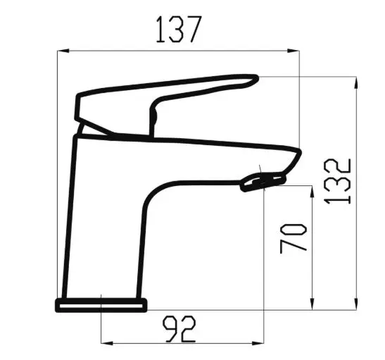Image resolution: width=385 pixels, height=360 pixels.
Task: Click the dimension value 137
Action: (x=179, y=30)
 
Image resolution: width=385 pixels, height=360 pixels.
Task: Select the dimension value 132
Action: (x=338, y=182)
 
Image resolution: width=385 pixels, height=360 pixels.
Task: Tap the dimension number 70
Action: (x=294, y=238)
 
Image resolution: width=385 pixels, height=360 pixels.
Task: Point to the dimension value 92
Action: (x=179, y=329)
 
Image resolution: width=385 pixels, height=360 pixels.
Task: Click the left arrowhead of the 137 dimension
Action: (x=63, y=51)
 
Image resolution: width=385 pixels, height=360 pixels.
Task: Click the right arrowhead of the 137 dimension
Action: (x=294, y=51)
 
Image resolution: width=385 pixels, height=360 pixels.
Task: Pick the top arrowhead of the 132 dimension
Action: (x=356, y=82)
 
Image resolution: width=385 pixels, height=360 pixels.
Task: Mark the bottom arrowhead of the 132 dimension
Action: (x=356, y=304)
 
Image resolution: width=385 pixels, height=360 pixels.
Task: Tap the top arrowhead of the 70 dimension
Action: (x=312, y=192)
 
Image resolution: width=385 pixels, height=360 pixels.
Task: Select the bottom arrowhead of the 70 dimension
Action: (x=312, y=304)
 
